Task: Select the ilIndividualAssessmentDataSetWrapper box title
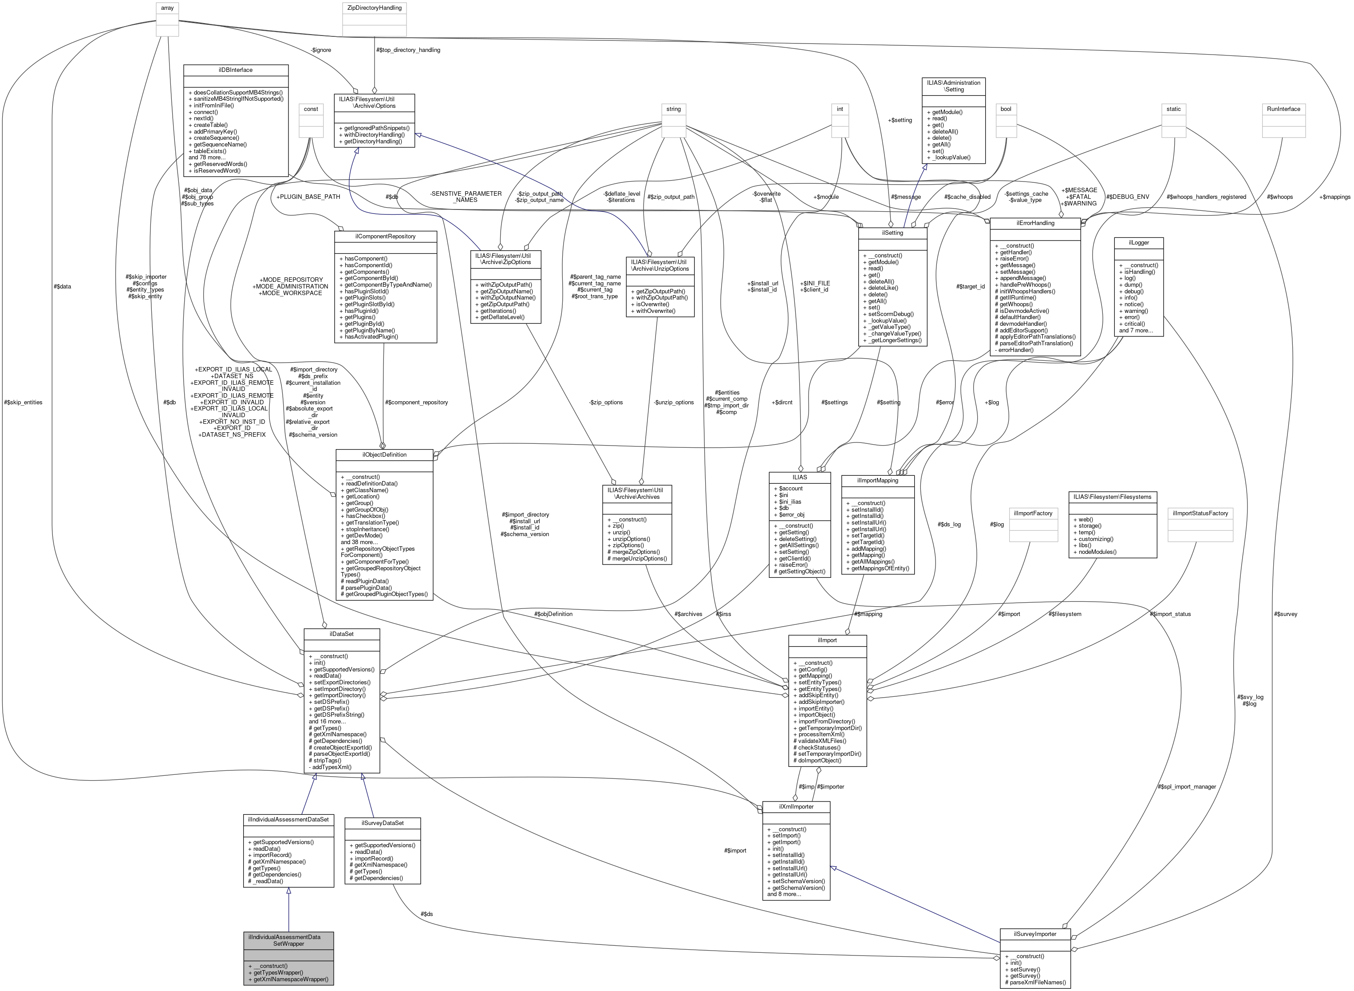[x=288, y=940]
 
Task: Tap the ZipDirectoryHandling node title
[x=375, y=8]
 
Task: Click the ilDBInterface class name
[x=235, y=70]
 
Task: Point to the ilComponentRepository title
[x=385, y=237]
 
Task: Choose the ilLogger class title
[x=1138, y=243]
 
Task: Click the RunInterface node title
[x=1283, y=109]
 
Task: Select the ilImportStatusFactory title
[x=1200, y=513]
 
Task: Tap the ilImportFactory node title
[x=1032, y=513]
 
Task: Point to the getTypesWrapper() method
[x=278, y=973]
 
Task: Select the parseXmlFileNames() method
[x=1038, y=983]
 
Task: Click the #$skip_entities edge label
[x=23, y=403]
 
